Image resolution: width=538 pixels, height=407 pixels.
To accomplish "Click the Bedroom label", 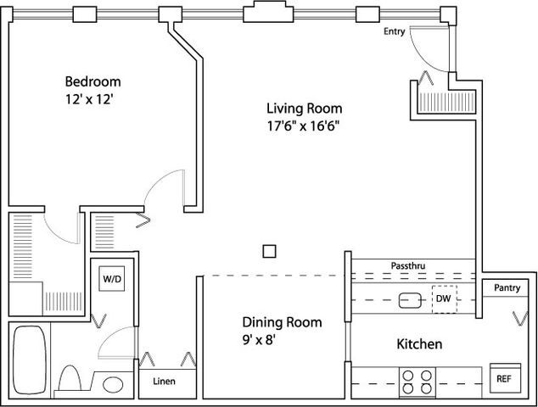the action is pos(92,81).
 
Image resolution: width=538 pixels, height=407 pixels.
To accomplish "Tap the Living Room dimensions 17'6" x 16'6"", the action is pos(303,126).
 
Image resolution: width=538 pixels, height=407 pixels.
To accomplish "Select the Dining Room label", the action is pos(282,322).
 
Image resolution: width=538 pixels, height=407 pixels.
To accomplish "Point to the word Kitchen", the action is pos(419,344).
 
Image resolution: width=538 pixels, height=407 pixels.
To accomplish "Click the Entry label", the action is pos(395,31).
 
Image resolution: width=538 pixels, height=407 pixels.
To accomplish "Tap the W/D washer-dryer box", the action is pos(112,279).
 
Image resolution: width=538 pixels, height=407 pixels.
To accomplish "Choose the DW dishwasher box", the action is pos(445,299).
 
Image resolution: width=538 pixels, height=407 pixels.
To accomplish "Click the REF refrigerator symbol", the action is pos(505,378).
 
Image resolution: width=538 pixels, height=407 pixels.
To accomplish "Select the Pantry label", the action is pos(507,287).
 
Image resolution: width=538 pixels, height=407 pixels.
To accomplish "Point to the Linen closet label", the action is pos(164,381).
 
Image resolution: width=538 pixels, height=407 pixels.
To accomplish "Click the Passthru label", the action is pos(408,265).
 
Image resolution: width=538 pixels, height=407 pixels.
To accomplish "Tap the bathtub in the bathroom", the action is pos(30,360).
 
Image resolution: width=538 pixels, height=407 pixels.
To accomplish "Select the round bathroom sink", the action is pos(113,385).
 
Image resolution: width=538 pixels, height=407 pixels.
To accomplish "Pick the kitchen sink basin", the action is pos(411,300).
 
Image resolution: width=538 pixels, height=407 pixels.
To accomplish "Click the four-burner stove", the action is pos(418,382).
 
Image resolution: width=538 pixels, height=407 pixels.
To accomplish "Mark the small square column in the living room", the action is pos(269,251).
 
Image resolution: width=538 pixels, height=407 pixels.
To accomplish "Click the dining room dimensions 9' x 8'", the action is pos(259,340).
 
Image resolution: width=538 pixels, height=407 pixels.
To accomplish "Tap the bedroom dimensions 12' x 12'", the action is pos(89,99).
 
